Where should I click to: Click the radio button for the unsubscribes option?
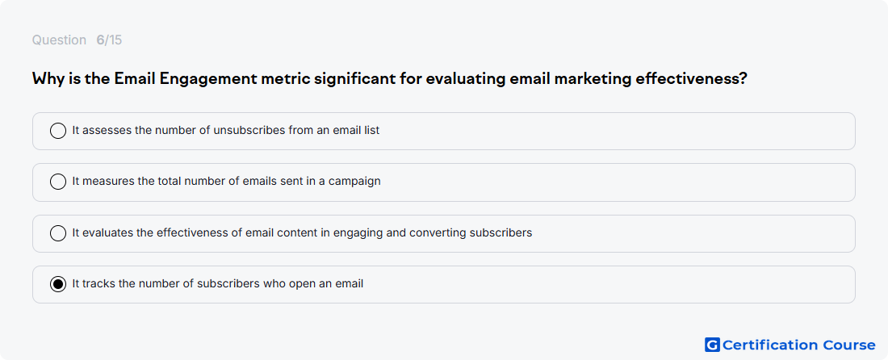pyautogui.click(x=58, y=131)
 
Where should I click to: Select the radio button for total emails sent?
pyautogui.click(x=58, y=182)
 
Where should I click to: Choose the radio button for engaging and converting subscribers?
pyautogui.click(x=58, y=233)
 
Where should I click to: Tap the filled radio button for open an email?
pyautogui.click(x=58, y=284)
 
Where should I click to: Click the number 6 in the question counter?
pyautogui.click(x=100, y=40)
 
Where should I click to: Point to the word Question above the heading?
pyautogui.click(x=59, y=40)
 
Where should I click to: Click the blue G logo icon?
pyautogui.click(x=712, y=345)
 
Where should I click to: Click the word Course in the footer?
pyautogui.click(x=849, y=345)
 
